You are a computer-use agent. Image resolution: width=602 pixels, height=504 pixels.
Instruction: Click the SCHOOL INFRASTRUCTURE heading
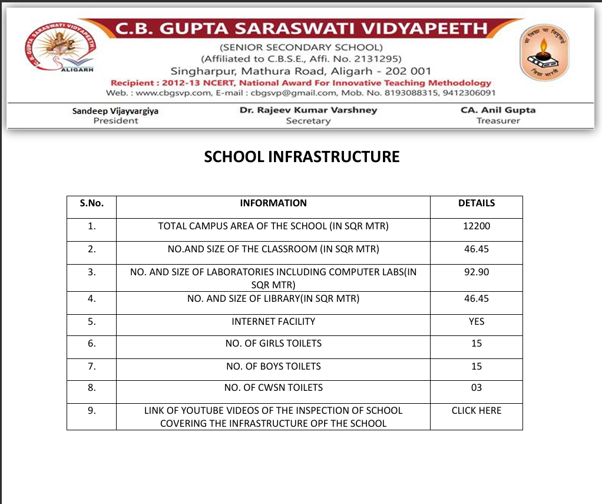[x=302, y=157]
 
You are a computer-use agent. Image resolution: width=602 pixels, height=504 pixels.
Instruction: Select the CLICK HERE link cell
[x=476, y=410]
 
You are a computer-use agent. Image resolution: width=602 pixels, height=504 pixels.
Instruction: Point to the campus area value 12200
[x=476, y=226]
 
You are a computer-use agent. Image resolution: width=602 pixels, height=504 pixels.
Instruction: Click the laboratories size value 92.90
[x=476, y=272]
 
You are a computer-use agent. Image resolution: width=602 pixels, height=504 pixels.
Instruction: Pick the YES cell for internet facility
[x=476, y=321]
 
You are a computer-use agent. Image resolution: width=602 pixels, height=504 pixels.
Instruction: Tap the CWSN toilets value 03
[x=476, y=387]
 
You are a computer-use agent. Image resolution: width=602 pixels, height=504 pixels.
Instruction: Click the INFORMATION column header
[x=273, y=203]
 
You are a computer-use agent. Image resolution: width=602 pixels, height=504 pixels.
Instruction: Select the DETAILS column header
[x=476, y=203]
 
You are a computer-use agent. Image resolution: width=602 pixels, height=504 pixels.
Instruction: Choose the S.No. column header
[x=91, y=203]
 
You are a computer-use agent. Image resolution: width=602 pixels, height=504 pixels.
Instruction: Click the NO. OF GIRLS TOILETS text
[x=273, y=343]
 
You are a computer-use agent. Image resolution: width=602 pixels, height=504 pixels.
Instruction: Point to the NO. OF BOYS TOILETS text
[x=273, y=366]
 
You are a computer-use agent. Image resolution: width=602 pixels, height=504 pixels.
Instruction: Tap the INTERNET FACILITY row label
[x=273, y=321]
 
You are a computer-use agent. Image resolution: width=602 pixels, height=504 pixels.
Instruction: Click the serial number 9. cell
[x=91, y=410]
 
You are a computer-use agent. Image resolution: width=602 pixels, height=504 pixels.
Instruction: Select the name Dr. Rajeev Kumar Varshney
[x=308, y=110]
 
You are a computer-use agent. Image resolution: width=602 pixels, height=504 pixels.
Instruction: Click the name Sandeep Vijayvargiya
[x=115, y=111]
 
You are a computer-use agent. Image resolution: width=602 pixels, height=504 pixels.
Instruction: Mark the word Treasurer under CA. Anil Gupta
[x=498, y=121]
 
